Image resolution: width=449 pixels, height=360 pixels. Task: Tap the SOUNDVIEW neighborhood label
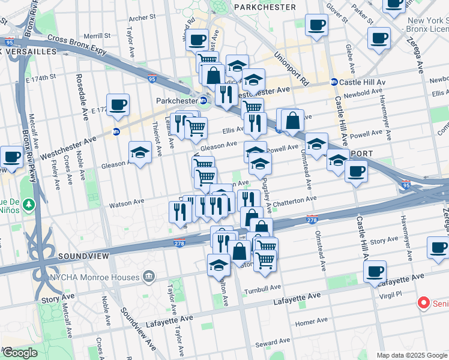pyautogui.click(x=83, y=256)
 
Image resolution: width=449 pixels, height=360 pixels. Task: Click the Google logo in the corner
pyautogui.click(x=19, y=353)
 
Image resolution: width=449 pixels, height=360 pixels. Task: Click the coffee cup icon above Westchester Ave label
pyautogui.click(x=118, y=105)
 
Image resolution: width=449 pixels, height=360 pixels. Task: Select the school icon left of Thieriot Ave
pyautogui.click(x=140, y=152)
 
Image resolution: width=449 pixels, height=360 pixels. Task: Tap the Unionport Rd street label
pyautogui.click(x=291, y=66)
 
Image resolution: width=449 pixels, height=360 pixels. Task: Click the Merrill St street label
pyautogui.click(x=98, y=37)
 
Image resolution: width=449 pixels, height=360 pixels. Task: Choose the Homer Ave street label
pyautogui.click(x=311, y=322)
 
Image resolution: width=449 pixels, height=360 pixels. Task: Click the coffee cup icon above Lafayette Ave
pyautogui.click(x=375, y=272)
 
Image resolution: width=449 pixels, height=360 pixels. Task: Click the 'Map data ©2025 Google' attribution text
pyautogui.click(x=412, y=355)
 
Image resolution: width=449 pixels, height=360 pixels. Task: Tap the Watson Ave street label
pyautogui.click(x=127, y=205)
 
